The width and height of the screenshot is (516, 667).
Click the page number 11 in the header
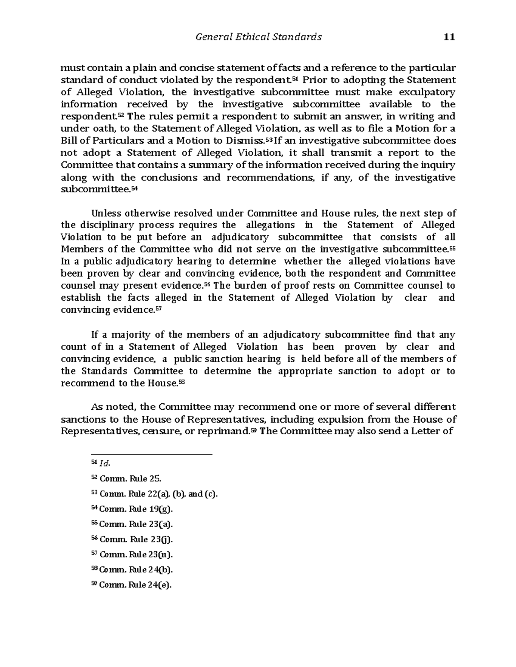click(448, 37)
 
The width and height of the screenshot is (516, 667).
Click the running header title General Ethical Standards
click(258, 37)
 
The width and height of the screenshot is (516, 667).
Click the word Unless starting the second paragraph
click(105, 213)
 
